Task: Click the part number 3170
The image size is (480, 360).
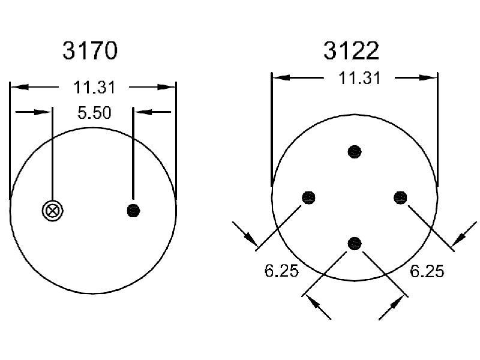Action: click(90, 50)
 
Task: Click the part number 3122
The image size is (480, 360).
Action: click(352, 50)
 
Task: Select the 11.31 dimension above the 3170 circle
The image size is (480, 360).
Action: click(94, 88)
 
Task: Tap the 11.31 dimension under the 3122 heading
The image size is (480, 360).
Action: click(359, 78)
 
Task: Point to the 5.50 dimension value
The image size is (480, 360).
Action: click(94, 113)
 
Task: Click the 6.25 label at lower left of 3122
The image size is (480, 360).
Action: click(281, 271)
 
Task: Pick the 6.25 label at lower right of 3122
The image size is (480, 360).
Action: click(427, 271)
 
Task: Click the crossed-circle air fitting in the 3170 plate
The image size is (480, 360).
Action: click(53, 211)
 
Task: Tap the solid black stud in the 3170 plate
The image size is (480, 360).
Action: click(133, 211)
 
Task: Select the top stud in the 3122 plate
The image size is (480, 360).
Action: click(355, 152)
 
